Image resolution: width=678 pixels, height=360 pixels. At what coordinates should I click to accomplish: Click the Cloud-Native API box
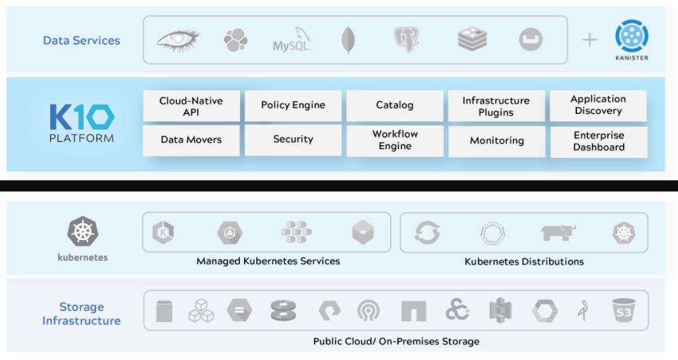pyautogui.click(x=191, y=106)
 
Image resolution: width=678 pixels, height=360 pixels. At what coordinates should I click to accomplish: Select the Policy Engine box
pyautogui.click(x=293, y=106)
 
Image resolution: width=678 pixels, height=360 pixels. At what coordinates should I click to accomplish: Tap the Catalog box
pyautogui.click(x=395, y=106)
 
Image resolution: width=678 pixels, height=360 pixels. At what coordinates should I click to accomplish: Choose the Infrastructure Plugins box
pyautogui.click(x=496, y=106)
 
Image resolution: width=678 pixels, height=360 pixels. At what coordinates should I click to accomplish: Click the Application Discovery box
pyautogui.click(x=599, y=106)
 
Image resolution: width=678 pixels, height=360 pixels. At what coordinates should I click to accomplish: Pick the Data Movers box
pyautogui.click(x=191, y=140)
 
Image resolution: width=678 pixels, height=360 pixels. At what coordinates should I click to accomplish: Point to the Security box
pyautogui.click(x=293, y=140)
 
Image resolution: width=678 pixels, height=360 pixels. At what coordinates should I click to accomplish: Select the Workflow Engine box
pyautogui.click(x=395, y=141)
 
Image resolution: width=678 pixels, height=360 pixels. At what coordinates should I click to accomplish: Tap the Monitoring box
pyautogui.click(x=497, y=141)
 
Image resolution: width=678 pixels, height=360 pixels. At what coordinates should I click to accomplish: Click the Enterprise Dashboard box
pyautogui.click(x=599, y=142)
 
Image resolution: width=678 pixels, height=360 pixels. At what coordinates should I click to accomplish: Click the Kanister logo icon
pyautogui.click(x=632, y=36)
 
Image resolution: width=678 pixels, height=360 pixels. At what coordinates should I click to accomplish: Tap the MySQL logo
pyautogui.click(x=292, y=40)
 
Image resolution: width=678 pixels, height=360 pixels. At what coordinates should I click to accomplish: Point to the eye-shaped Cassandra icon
pyautogui.click(x=178, y=41)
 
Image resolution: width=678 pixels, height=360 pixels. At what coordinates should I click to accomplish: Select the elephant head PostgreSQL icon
pyautogui.click(x=406, y=39)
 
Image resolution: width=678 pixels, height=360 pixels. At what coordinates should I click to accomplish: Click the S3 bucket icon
pyautogui.click(x=624, y=311)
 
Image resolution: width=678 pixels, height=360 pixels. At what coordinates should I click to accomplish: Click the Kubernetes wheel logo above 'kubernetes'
pyautogui.click(x=83, y=232)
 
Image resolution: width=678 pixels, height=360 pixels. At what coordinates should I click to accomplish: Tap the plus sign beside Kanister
pyautogui.click(x=589, y=40)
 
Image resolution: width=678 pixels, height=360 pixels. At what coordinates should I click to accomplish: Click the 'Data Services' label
pyautogui.click(x=81, y=40)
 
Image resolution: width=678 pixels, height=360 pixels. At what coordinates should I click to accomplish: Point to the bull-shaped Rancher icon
pyautogui.click(x=558, y=232)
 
